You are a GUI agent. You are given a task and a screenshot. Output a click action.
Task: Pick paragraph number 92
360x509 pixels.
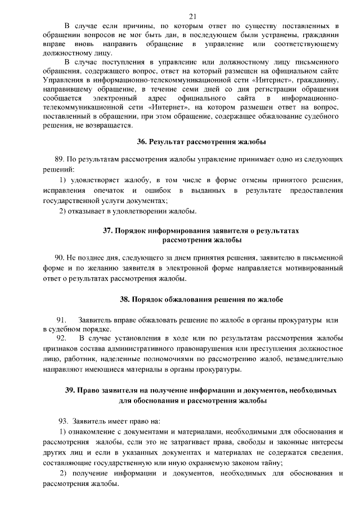[62, 338]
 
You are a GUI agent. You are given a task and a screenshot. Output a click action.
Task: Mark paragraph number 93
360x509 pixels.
[64, 421]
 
